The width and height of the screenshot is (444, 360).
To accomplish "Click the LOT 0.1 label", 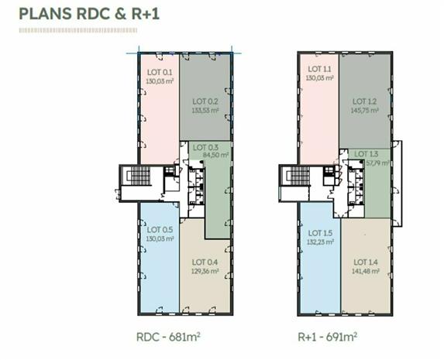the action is [160, 73].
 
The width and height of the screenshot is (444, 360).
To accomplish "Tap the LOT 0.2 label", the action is [205, 101].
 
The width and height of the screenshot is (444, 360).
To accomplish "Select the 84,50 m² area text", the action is [215, 155].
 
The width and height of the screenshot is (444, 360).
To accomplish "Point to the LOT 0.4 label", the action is [205, 262].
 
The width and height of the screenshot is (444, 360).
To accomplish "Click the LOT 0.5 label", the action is [160, 229].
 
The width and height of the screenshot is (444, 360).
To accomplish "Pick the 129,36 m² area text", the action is [205, 271].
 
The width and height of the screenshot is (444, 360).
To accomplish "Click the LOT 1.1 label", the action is [319, 69].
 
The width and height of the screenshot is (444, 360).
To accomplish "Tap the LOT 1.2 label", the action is [364, 101].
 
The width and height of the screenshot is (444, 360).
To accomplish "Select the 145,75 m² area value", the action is [364, 111].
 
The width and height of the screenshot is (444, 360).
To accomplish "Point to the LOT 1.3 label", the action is [367, 154].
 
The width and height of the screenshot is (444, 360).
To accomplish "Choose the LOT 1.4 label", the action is [366, 262].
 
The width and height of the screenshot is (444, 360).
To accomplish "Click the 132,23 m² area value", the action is [320, 242].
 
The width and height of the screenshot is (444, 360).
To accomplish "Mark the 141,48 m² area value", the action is [366, 271].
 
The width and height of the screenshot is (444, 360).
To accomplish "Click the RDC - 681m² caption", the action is [168, 337].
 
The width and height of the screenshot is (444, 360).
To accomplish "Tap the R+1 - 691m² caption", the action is [327, 337].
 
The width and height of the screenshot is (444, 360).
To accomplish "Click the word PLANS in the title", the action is [45, 14].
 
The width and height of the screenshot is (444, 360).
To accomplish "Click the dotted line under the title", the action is [78, 30].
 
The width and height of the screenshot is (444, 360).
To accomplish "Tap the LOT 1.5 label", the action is [320, 233].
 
